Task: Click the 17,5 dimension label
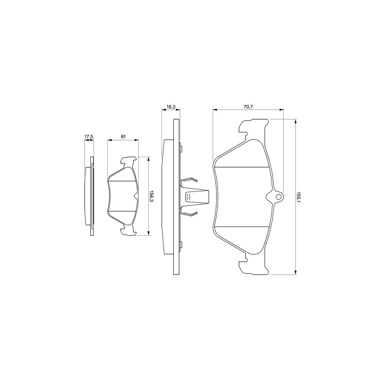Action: click(89, 137)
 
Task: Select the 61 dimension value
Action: click(123, 137)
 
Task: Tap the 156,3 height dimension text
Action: click(152, 196)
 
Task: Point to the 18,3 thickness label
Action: click(171, 107)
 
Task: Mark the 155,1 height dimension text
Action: click(299, 197)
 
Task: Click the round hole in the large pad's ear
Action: click(279, 197)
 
